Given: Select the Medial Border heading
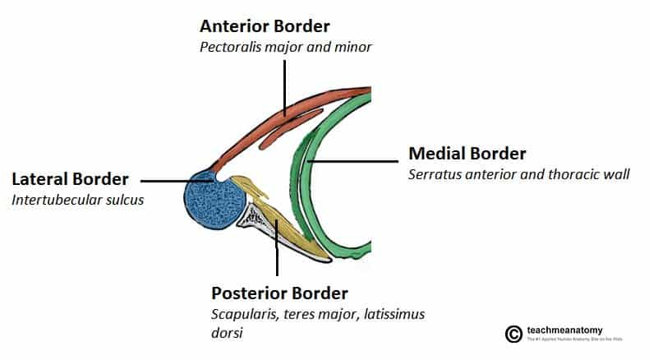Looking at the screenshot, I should click(x=467, y=154).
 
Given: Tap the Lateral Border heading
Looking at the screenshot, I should click(x=70, y=178).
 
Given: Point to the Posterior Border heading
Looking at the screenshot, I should click(x=280, y=293).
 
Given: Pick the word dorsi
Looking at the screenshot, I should click(x=228, y=334).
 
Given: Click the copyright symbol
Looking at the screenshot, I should click(x=513, y=334).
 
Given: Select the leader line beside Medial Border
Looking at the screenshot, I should click(x=353, y=162).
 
